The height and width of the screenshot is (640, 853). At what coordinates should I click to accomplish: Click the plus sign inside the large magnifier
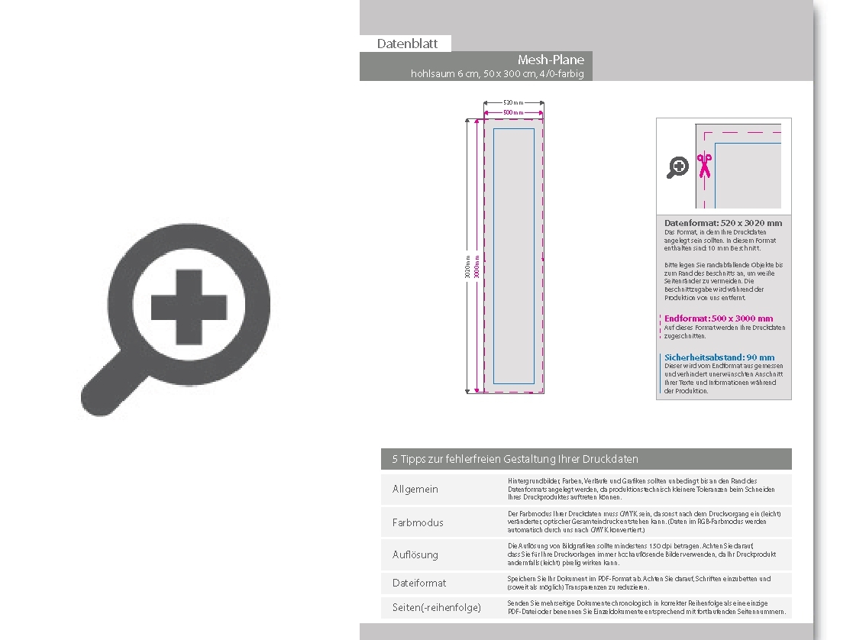pyautogui.click(x=189, y=308)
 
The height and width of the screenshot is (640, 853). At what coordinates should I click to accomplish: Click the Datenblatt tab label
pyautogui.click(x=407, y=44)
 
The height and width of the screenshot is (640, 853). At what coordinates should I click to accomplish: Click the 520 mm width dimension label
pyautogui.click(x=513, y=102)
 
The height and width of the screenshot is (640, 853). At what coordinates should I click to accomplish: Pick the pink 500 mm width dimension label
pyautogui.click(x=513, y=112)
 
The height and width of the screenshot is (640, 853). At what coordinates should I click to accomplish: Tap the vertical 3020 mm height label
pyautogui.click(x=467, y=267)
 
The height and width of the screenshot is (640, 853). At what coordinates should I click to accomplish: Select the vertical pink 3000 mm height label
pyautogui.click(x=477, y=267)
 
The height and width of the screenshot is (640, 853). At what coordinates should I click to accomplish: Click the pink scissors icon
pyautogui.click(x=704, y=165)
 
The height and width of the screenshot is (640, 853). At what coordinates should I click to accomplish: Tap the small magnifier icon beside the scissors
pyautogui.click(x=677, y=167)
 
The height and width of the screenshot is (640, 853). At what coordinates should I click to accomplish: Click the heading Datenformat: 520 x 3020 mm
pyautogui.click(x=723, y=223)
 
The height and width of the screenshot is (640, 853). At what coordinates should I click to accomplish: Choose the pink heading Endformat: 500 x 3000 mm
pyautogui.click(x=719, y=318)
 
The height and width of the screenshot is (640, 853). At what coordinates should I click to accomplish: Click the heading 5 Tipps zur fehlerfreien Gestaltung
pyautogui.click(x=515, y=459)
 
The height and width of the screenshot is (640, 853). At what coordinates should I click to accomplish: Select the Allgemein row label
pyautogui.click(x=415, y=489)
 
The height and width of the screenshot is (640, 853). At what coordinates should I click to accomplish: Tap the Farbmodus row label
pyautogui.click(x=418, y=522)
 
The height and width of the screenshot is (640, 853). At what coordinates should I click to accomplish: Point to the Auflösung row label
pyautogui.click(x=415, y=554)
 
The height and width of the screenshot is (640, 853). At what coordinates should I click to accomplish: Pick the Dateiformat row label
pyautogui.click(x=419, y=583)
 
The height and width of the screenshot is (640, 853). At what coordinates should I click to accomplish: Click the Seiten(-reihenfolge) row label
pyautogui.click(x=436, y=607)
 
